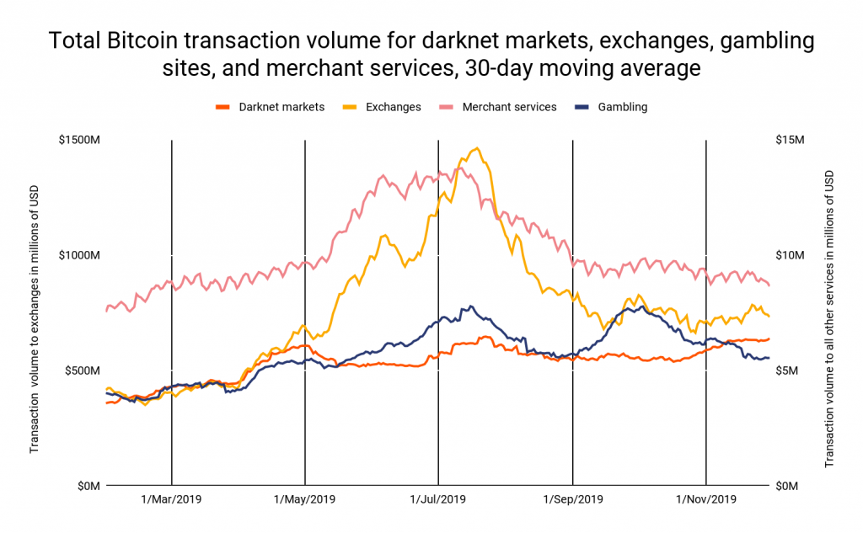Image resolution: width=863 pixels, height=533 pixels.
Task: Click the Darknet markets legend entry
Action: pyautogui.click(x=270, y=107)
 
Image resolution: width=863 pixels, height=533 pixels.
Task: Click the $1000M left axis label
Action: pyautogui.click(x=78, y=255)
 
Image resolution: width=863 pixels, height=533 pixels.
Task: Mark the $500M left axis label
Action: pyautogui.click(x=80, y=370)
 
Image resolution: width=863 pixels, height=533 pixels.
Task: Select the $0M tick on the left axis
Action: pyautogui.click(x=86, y=486)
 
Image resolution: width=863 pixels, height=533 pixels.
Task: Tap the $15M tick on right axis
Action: pyautogui.click(x=790, y=139)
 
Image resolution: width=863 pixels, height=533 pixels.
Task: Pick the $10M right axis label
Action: pyautogui.click(x=790, y=255)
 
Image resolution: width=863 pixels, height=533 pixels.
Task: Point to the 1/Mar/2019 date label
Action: pyautogui.click(x=172, y=498)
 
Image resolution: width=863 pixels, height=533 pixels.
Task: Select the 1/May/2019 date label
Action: pyautogui.click(x=305, y=498)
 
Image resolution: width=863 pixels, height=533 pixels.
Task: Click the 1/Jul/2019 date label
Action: pyautogui.click(x=438, y=498)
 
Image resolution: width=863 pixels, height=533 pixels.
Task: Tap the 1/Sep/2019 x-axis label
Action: pyautogui.click(x=573, y=498)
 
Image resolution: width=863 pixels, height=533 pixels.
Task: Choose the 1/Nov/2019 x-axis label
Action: pyautogui.click(x=706, y=498)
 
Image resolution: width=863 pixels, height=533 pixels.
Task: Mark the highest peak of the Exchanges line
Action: pyautogui.click(x=477, y=148)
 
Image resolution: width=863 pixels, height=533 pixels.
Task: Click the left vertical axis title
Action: pyautogui.click(x=35, y=313)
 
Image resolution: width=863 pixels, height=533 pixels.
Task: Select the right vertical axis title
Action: pyautogui.click(x=829, y=313)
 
